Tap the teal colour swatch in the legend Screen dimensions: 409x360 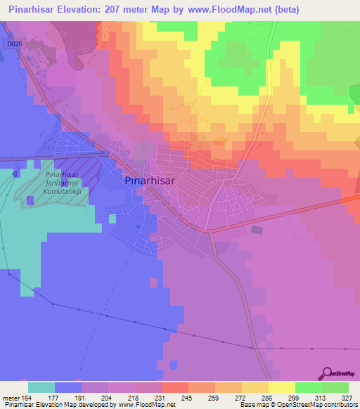click(41, 387)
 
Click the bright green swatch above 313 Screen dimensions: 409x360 click(308, 387)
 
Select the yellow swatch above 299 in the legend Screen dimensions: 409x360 click(281, 387)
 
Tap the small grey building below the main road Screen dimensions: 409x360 click(257, 229)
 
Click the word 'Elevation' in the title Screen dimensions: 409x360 click(76, 10)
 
